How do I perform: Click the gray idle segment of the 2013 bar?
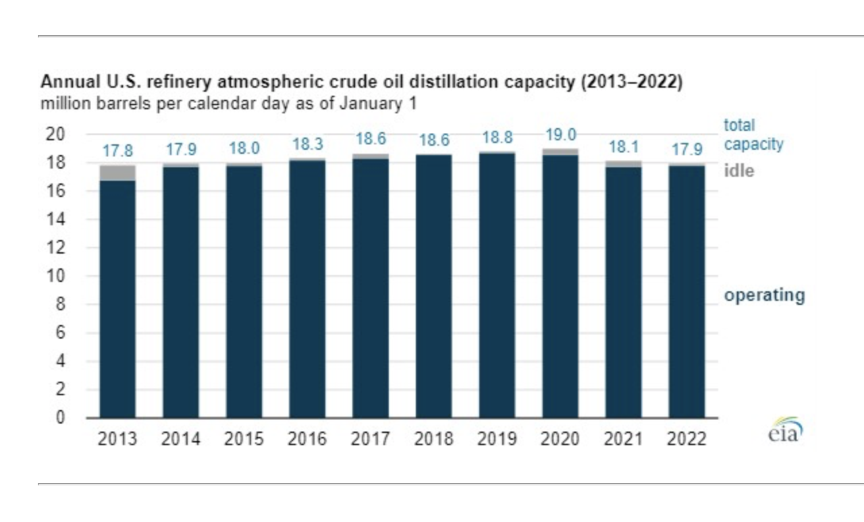(117, 173)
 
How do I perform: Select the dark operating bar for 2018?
(434, 287)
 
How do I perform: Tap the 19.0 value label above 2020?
(561, 135)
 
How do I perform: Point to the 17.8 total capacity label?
(117, 151)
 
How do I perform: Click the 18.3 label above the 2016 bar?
(307, 144)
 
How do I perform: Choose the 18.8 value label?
(497, 138)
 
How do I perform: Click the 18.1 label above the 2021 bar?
(624, 147)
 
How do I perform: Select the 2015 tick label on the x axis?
(244, 439)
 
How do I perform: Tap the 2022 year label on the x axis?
(687, 439)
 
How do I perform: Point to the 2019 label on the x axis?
(497, 439)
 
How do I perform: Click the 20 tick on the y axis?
(55, 134)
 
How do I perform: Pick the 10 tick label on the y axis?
(55, 276)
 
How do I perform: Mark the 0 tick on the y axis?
(60, 417)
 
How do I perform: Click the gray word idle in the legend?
(739, 171)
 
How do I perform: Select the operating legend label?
(765, 295)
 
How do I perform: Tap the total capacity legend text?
(754, 135)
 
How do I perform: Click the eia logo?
(785, 430)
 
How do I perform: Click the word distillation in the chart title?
(454, 82)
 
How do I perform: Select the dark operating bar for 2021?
(624, 293)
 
